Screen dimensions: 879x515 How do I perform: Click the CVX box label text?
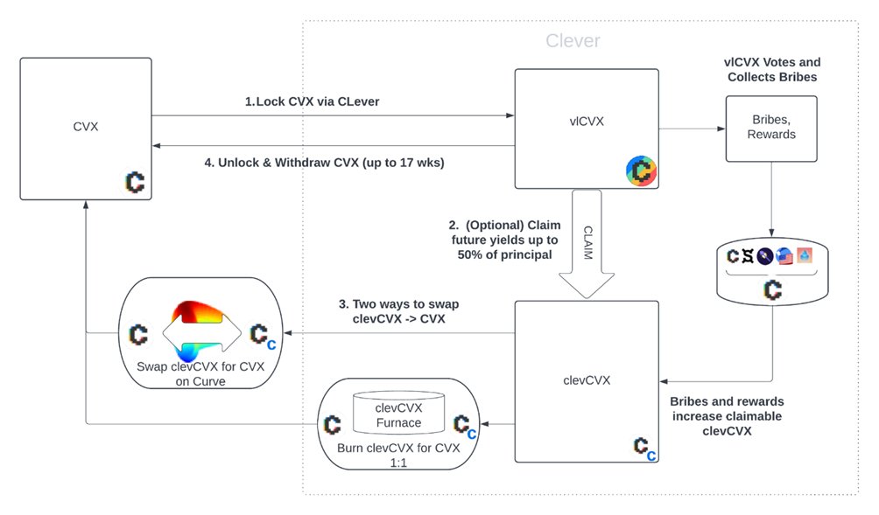pyautogui.click(x=86, y=127)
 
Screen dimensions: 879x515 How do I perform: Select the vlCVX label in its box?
pyautogui.click(x=587, y=122)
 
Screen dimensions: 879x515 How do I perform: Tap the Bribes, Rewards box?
pyautogui.click(x=771, y=129)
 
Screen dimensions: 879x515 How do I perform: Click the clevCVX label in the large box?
pyautogui.click(x=587, y=380)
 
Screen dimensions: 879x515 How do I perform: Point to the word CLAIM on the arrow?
pyautogui.click(x=588, y=242)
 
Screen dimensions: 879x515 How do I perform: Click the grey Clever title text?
pyautogui.click(x=573, y=40)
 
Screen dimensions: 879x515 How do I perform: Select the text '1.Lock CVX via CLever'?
pyautogui.click(x=313, y=101)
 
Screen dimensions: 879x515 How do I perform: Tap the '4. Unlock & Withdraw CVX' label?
pyautogui.click(x=324, y=163)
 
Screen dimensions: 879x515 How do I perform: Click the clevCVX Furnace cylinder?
pyautogui.click(x=398, y=413)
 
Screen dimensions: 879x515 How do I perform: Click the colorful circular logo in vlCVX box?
pyautogui.click(x=642, y=171)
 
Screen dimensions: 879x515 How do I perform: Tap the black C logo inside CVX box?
pyautogui.click(x=135, y=183)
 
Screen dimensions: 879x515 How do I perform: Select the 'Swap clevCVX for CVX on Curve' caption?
pyautogui.click(x=200, y=374)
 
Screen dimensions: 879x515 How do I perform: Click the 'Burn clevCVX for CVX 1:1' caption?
pyautogui.click(x=398, y=455)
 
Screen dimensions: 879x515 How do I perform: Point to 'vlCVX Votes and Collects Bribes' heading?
pyautogui.click(x=772, y=69)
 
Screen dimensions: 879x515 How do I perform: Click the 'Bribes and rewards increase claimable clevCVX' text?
pyautogui.click(x=727, y=416)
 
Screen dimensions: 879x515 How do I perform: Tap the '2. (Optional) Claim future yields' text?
pyautogui.click(x=504, y=240)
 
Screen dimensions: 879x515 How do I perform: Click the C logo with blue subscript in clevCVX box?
pyautogui.click(x=644, y=449)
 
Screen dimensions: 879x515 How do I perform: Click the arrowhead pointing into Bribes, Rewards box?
pyautogui.click(x=721, y=129)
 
